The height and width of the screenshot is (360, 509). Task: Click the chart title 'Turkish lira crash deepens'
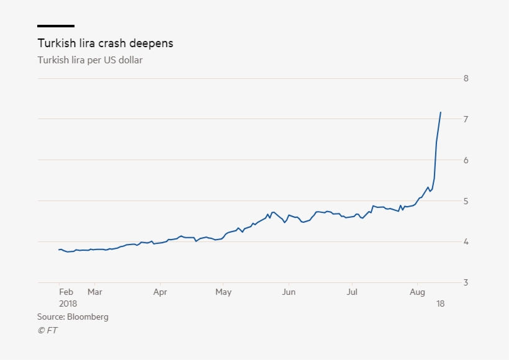tap(105, 43)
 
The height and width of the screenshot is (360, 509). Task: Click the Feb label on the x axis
tap(66, 292)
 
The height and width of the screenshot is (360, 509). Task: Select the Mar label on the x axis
tap(94, 292)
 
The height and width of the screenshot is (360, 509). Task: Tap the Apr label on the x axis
tap(160, 292)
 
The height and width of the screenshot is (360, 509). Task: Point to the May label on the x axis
tap(223, 292)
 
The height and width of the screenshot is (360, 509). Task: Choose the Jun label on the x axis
tap(288, 292)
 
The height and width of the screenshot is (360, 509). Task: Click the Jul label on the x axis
tap(352, 292)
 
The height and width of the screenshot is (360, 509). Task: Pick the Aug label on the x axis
tap(418, 292)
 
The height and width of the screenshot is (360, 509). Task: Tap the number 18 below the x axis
tap(440, 304)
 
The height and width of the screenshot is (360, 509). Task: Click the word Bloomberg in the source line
tap(88, 317)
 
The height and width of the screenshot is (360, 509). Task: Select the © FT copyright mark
tap(47, 330)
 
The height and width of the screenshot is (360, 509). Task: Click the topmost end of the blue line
tap(441, 112)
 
